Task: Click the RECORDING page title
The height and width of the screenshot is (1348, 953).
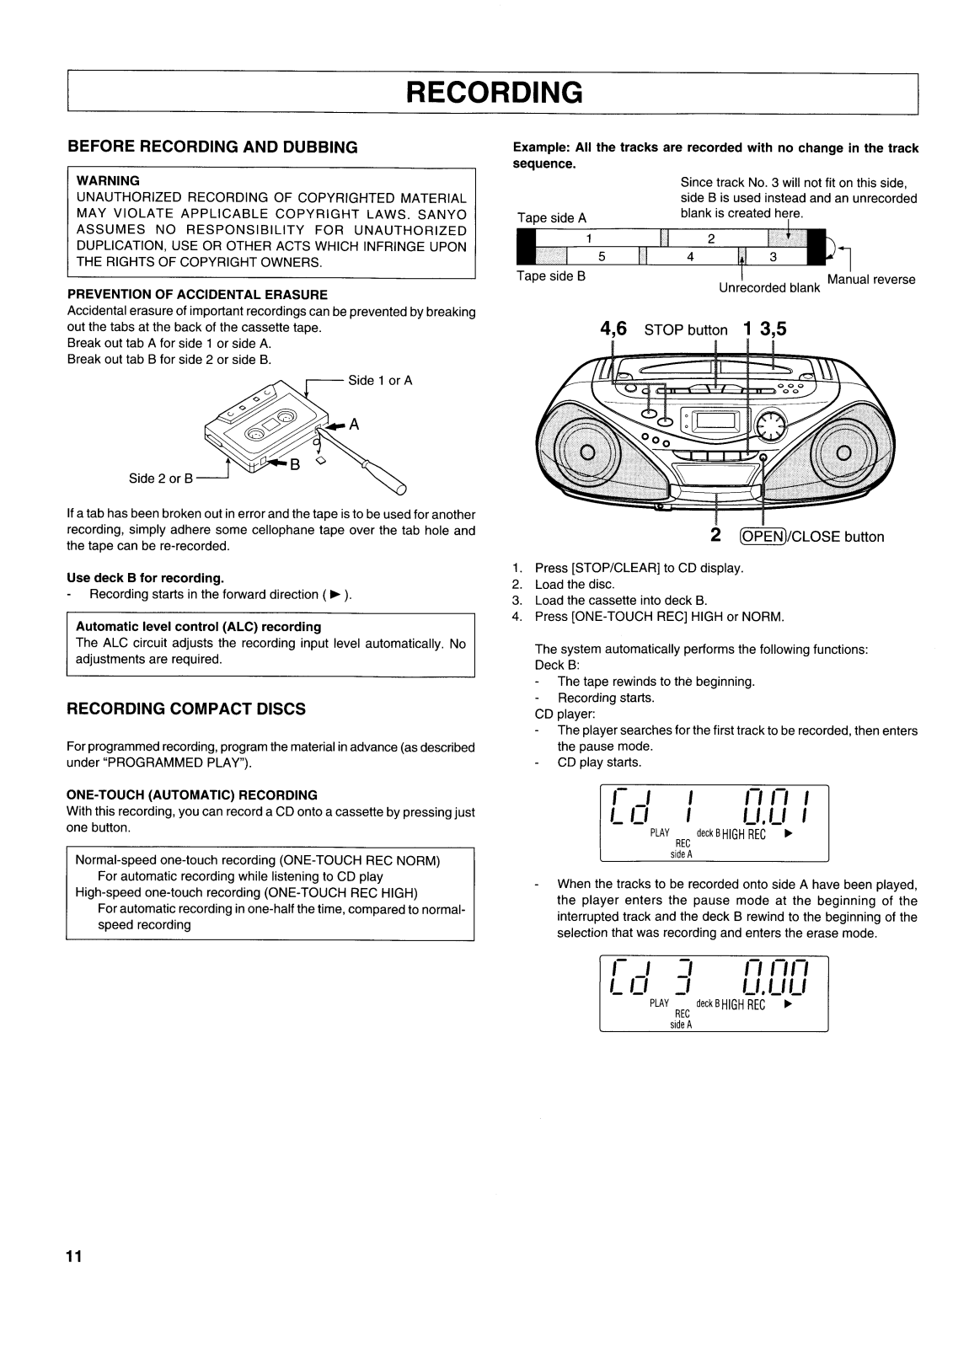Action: [x=494, y=93]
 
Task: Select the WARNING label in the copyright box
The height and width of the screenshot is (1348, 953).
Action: [x=108, y=180]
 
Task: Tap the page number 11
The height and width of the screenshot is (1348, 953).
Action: [x=75, y=1257]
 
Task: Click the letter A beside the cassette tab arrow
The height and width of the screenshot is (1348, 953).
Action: [x=355, y=425]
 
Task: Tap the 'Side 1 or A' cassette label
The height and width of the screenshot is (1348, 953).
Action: [x=380, y=380]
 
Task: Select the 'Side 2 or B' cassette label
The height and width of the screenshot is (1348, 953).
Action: [x=161, y=479]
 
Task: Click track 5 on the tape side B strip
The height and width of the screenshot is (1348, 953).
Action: [x=602, y=258]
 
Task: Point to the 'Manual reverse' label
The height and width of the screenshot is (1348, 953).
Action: [x=871, y=280]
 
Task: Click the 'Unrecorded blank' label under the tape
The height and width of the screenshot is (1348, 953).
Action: [x=768, y=288]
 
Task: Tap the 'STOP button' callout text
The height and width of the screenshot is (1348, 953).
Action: [x=685, y=330]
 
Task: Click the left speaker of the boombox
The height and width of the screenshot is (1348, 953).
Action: [x=588, y=452]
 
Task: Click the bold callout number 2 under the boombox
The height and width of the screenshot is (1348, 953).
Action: [x=715, y=536]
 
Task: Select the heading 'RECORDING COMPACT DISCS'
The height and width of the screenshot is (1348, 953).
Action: [x=185, y=709]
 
